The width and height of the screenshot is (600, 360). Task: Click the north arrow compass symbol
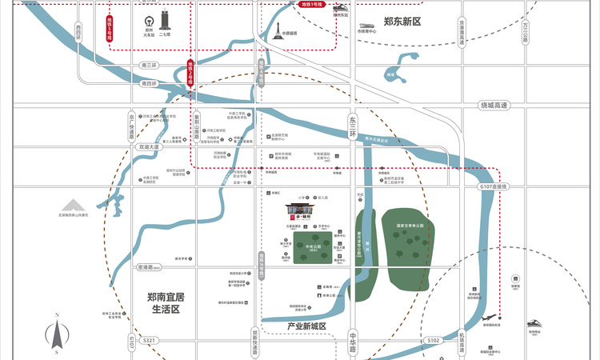coord(58,334)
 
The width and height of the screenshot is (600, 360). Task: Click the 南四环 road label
coord(148,83)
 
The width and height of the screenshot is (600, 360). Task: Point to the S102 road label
coord(433,340)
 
